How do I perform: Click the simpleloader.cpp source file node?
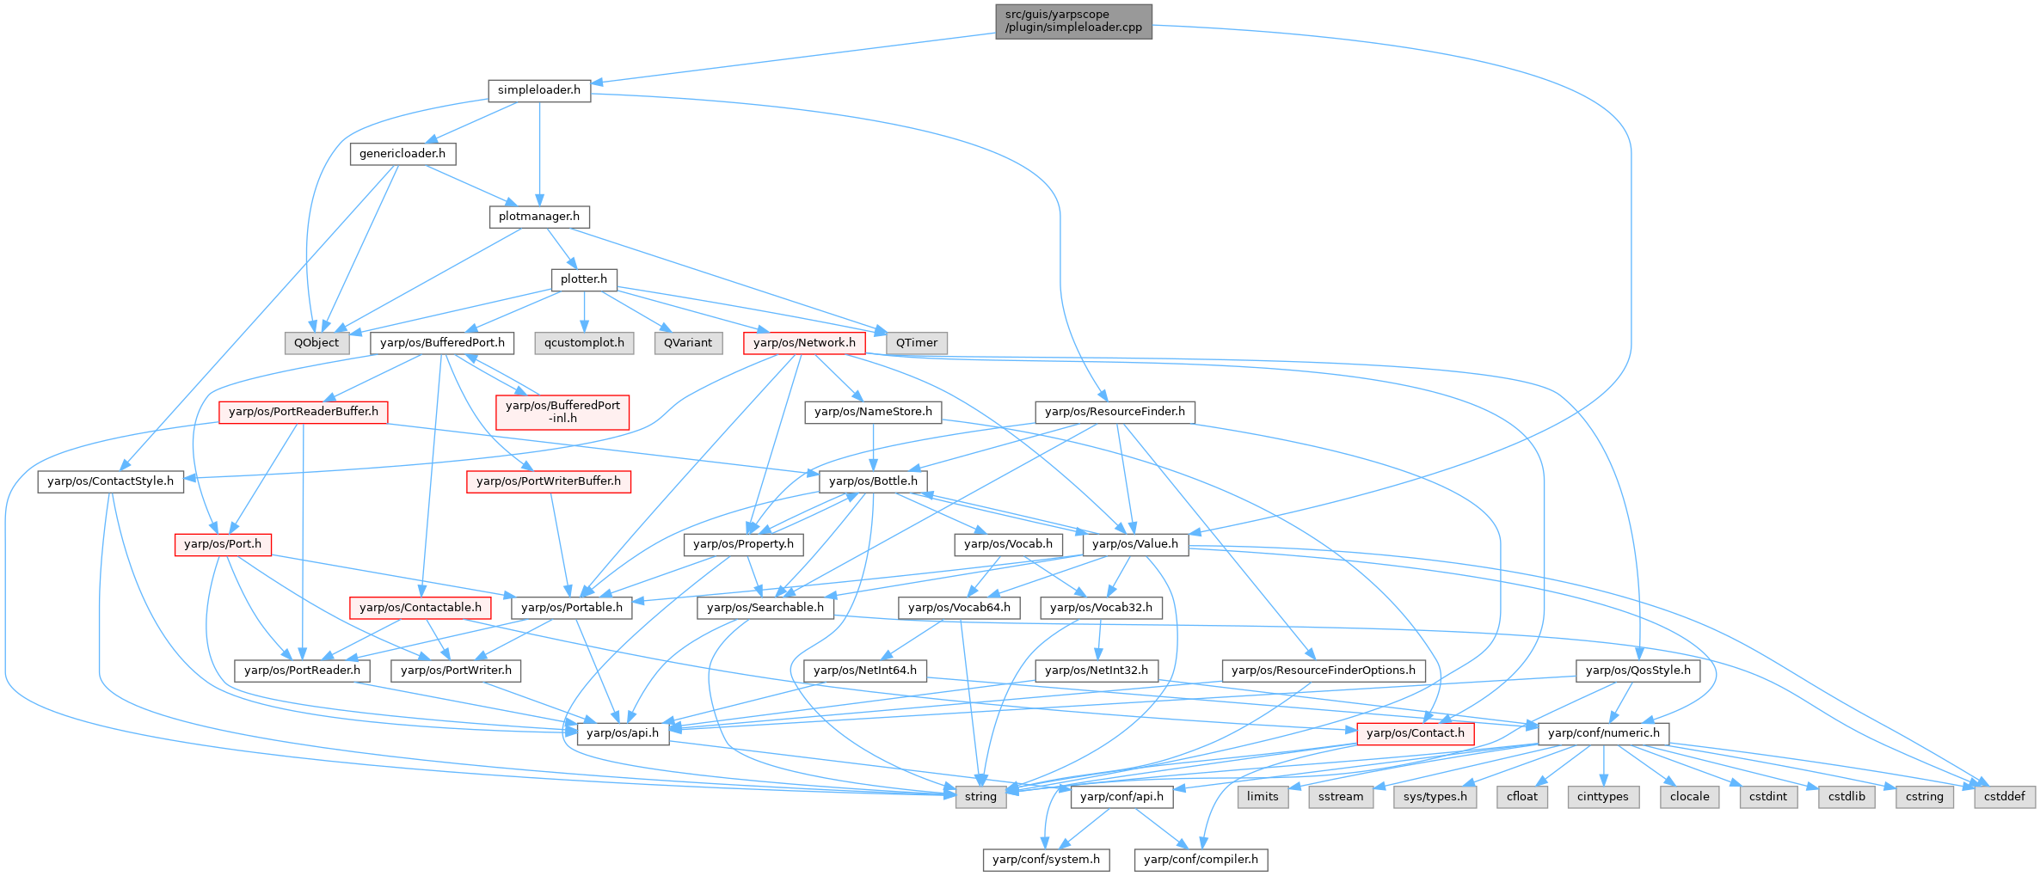pos(1073,21)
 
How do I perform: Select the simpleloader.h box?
pos(539,90)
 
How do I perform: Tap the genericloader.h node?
pos(402,154)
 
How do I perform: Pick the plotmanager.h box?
pos(539,217)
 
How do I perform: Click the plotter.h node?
pos(584,279)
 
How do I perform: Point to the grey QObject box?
pos(316,343)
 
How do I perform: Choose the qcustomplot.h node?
pos(584,343)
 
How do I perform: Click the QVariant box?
pos(688,343)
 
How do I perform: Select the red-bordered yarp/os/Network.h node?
pos(804,343)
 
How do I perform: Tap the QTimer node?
pos(917,343)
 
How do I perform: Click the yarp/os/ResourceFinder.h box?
pos(1115,412)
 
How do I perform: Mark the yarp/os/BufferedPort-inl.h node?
pos(562,412)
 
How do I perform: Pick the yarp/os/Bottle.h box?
pos(873,481)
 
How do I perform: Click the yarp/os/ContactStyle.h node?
pos(110,481)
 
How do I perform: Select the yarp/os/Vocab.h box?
pos(1008,544)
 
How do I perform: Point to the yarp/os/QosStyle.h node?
pos(1638,671)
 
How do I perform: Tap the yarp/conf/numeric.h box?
pos(1604,733)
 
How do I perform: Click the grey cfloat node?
pos(1521,797)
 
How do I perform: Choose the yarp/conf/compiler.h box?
pos(1201,860)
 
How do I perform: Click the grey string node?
pos(980,797)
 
